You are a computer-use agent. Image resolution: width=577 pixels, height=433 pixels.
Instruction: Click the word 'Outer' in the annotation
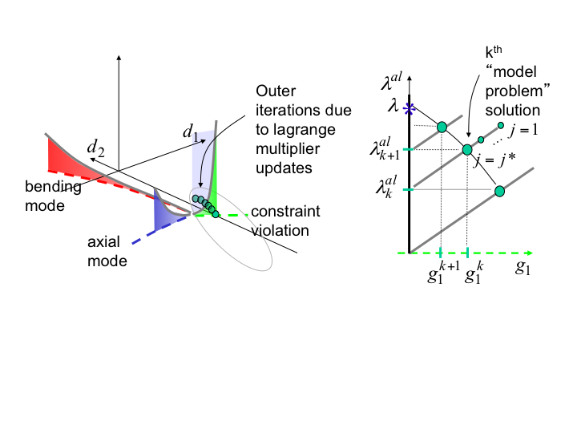[273, 91]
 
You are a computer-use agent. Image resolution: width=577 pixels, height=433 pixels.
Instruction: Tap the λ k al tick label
[382, 189]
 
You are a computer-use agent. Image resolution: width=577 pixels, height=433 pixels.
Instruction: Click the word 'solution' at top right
[513, 110]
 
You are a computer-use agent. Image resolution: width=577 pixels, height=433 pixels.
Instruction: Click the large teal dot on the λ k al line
[500, 191]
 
